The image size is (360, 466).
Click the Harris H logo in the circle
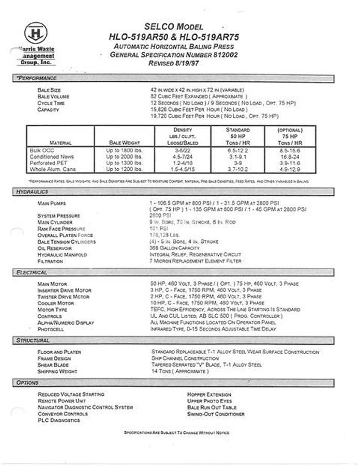[36, 34]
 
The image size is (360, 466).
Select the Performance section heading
[36, 78]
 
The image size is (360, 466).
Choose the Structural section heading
[33, 341]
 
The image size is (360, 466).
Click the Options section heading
[27, 383]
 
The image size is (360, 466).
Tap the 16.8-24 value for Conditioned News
[290, 156]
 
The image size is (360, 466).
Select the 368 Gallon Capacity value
[174, 248]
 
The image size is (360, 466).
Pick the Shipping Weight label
[57, 371]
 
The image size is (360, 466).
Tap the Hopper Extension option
[209, 395]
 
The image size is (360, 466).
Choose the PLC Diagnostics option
[59, 420]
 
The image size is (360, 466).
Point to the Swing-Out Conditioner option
[216, 414]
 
